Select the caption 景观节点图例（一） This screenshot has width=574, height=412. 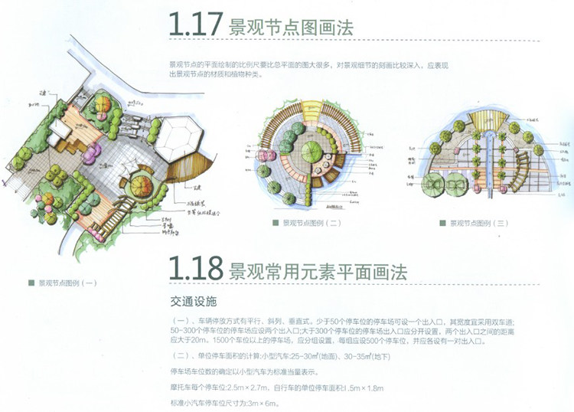point(67,283)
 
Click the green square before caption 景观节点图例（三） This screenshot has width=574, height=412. point(442,223)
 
